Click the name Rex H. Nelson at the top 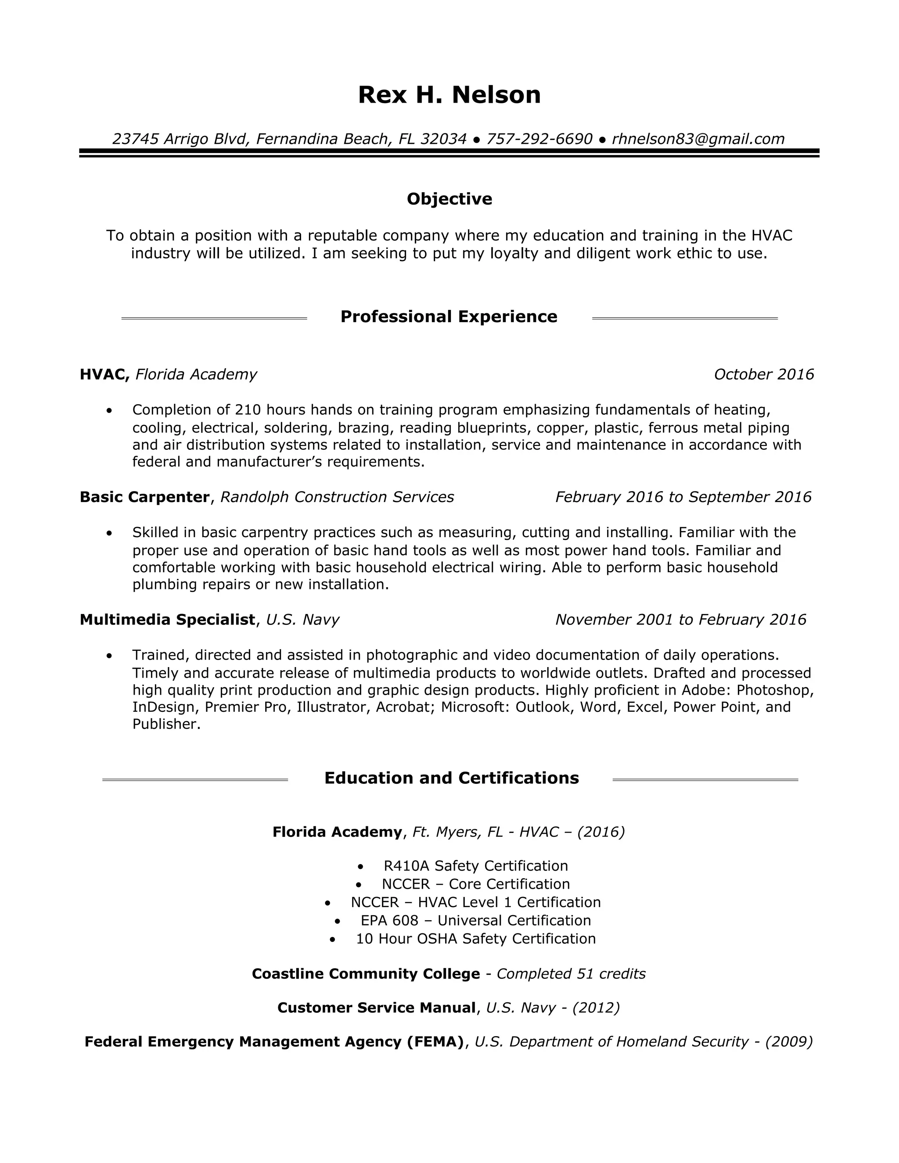point(449,95)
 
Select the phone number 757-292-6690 point(539,139)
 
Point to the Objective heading point(449,199)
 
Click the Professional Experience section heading point(449,317)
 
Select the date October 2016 point(763,375)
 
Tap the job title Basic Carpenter point(144,497)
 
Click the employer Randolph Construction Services point(337,497)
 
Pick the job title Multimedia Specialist point(167,620)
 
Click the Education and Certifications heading point(451,779)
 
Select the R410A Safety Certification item point(475,866)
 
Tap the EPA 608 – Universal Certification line point(475,921)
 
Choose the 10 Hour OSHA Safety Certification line point(475,939)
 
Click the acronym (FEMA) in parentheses point(435,1041)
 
